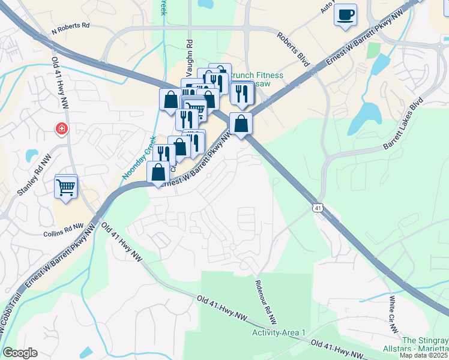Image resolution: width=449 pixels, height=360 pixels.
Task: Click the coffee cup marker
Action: [x=345, y=15]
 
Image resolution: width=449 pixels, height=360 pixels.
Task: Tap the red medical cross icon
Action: [x=61, y=128]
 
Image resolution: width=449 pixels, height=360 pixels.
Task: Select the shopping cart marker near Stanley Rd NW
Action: [x=66, y=186]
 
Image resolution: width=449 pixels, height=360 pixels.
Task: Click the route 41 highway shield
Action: [x=317, y=207]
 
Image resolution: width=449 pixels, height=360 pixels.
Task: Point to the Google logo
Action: [x=20, y=353]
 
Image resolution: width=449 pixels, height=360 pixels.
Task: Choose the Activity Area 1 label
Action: [x=279, y=332]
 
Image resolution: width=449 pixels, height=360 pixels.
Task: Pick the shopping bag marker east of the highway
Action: [x=241, y=124]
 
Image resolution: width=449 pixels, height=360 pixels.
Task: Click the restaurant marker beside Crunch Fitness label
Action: [x=242, y=93]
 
